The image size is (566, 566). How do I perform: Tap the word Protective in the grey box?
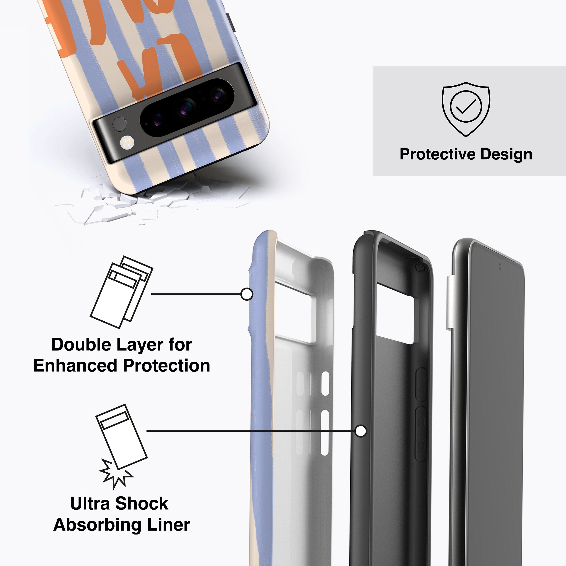pyautogui.click(x=438, y=154)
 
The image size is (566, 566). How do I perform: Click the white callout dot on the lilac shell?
pyautogui.click(x=247, y=294)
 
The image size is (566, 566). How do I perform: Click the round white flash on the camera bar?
pyautogui.click(x=127, y=143)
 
